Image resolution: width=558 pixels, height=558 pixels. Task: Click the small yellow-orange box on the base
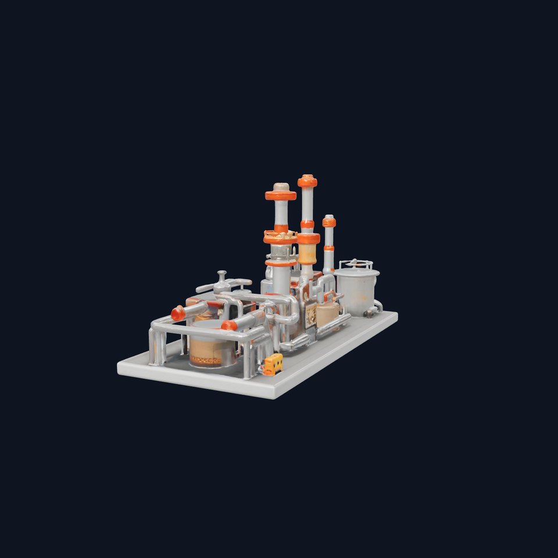pyautogui.click(x=273, y=364)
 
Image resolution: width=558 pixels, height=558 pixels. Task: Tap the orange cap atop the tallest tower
pyautogui.click(x=307, y=181)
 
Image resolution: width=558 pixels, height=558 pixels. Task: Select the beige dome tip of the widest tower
pyautogui.click(x=281, y=187)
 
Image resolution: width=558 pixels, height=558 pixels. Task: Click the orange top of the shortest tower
pyautogui.click(x=329, y=221)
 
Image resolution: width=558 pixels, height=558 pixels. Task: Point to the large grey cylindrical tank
pyautogui.click(x=357, y=291)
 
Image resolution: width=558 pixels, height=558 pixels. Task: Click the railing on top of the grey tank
pyautogui.click(x=356, y=264)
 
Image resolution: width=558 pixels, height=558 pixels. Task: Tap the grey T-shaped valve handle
pyautogui.click(x=222, y=284)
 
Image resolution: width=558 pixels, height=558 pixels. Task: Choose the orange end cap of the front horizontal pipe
pyautogui.click(x=229, y=325)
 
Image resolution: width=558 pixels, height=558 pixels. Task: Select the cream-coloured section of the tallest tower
pyautogui.click(x=307, y=253)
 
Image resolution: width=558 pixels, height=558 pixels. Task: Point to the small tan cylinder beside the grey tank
pyautogui.click(x=327, y=314)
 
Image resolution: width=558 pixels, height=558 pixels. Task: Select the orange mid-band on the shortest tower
pyautogui.click(x=329, y=248)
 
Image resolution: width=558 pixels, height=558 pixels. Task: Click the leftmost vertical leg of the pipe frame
pyautogui.click(x=152, y=349)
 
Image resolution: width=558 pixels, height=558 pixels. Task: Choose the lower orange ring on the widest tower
pyautogui.click(x=281, y=263)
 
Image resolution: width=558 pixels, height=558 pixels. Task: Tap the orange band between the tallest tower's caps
pyautogui.click(x=307, y=224)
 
